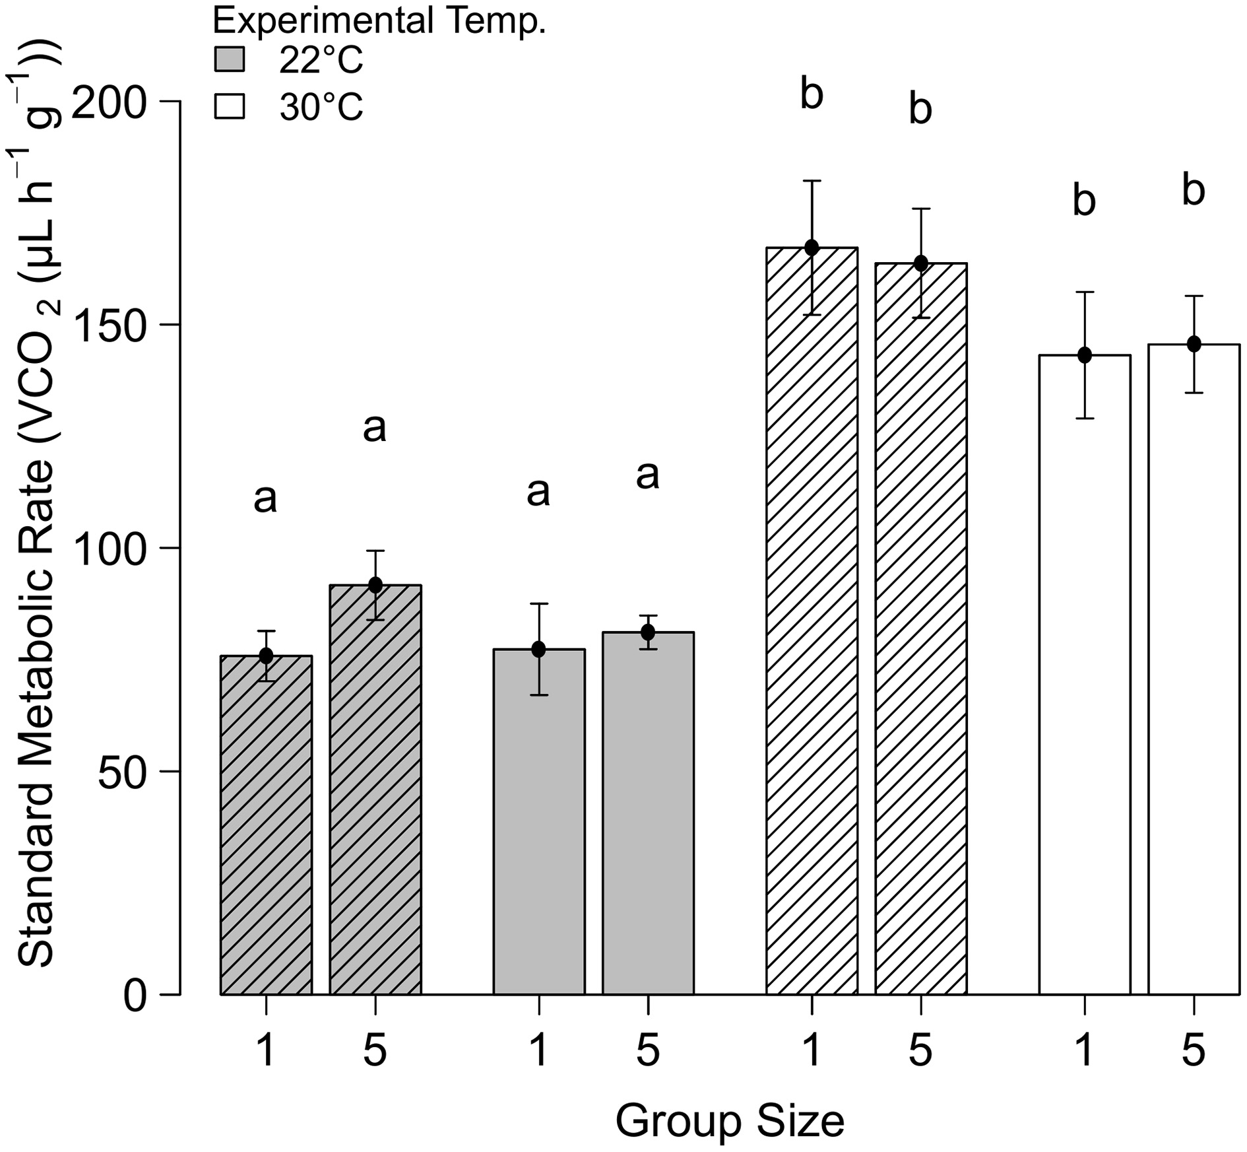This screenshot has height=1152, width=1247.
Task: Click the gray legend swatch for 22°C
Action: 230,60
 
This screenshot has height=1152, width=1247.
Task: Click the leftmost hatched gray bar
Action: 266,825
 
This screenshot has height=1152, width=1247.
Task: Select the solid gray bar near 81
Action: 648,812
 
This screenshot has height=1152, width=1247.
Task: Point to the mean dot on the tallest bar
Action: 812,248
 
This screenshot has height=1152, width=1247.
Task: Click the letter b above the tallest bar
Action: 812,94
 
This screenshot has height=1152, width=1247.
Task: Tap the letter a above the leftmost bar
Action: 265,499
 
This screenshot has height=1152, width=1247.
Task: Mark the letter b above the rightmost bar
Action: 1194,191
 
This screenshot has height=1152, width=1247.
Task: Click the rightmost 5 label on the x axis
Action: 1194,1051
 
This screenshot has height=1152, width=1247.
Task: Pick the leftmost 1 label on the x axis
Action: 266,1051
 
